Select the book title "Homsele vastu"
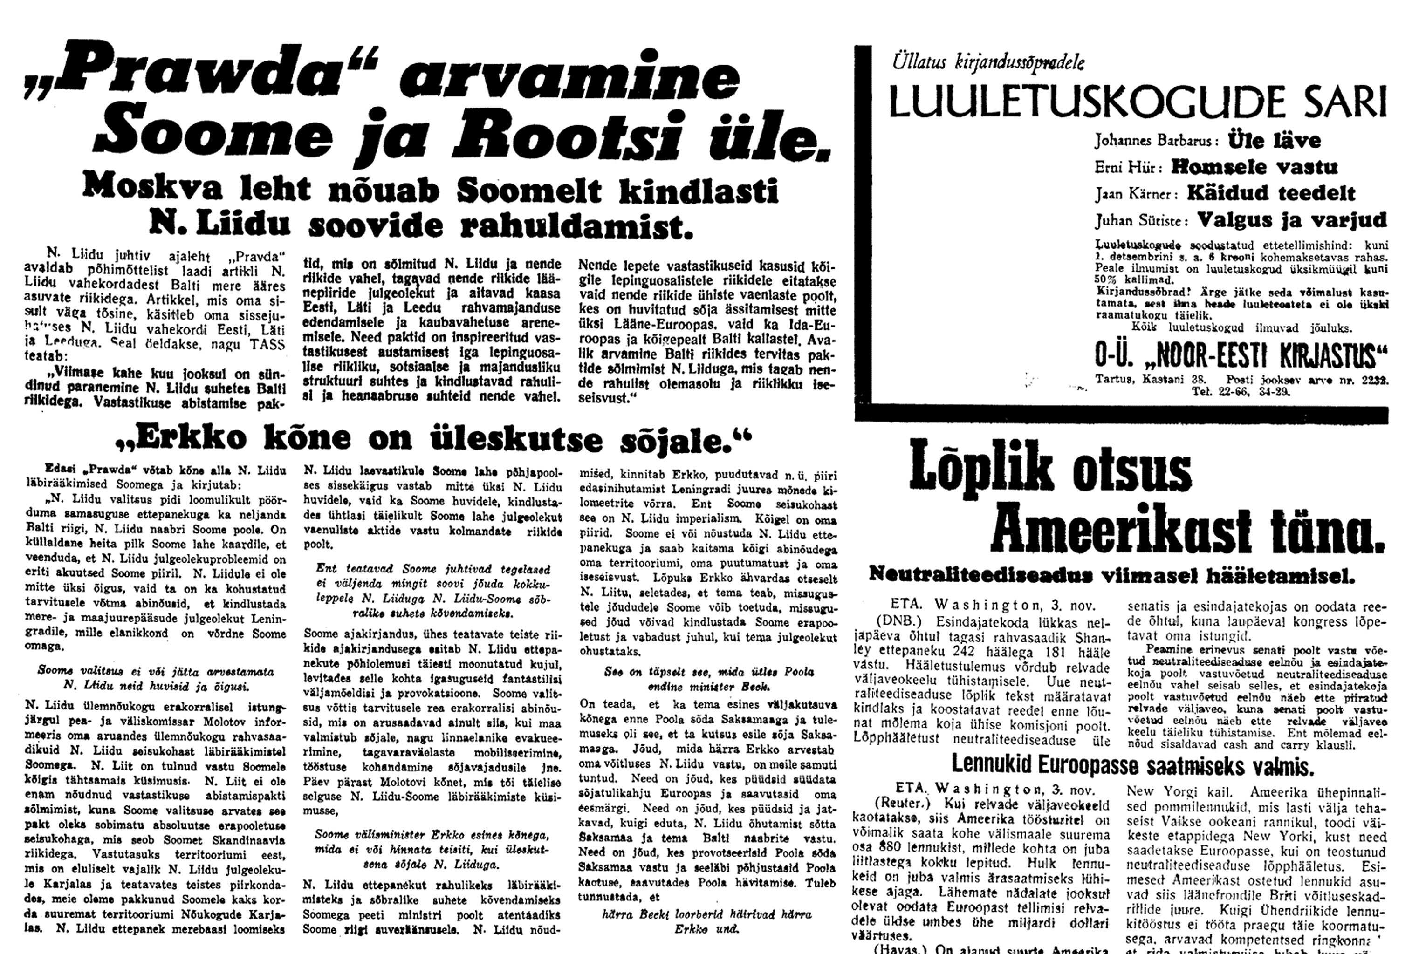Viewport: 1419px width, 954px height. pyautogui.click(x=1254, y=167)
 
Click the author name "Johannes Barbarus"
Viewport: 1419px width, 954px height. pyautogui.click(x=1157, y=141)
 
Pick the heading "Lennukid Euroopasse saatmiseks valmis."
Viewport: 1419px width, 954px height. pyautogui.click(x=1132, y=765)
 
